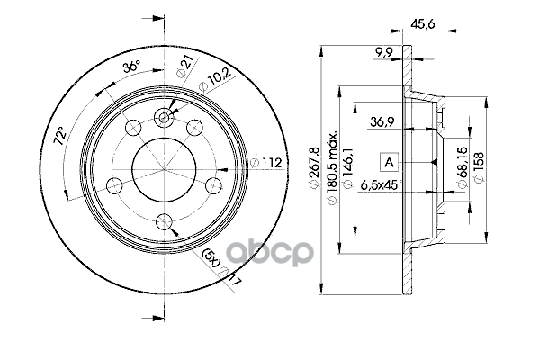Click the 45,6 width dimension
point(423,23)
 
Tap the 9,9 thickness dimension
point(383,52)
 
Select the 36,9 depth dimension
point(382,121)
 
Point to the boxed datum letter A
point(389,162)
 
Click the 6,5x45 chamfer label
point(380,185)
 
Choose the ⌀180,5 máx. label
point(331,167)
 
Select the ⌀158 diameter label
point(479,166)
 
